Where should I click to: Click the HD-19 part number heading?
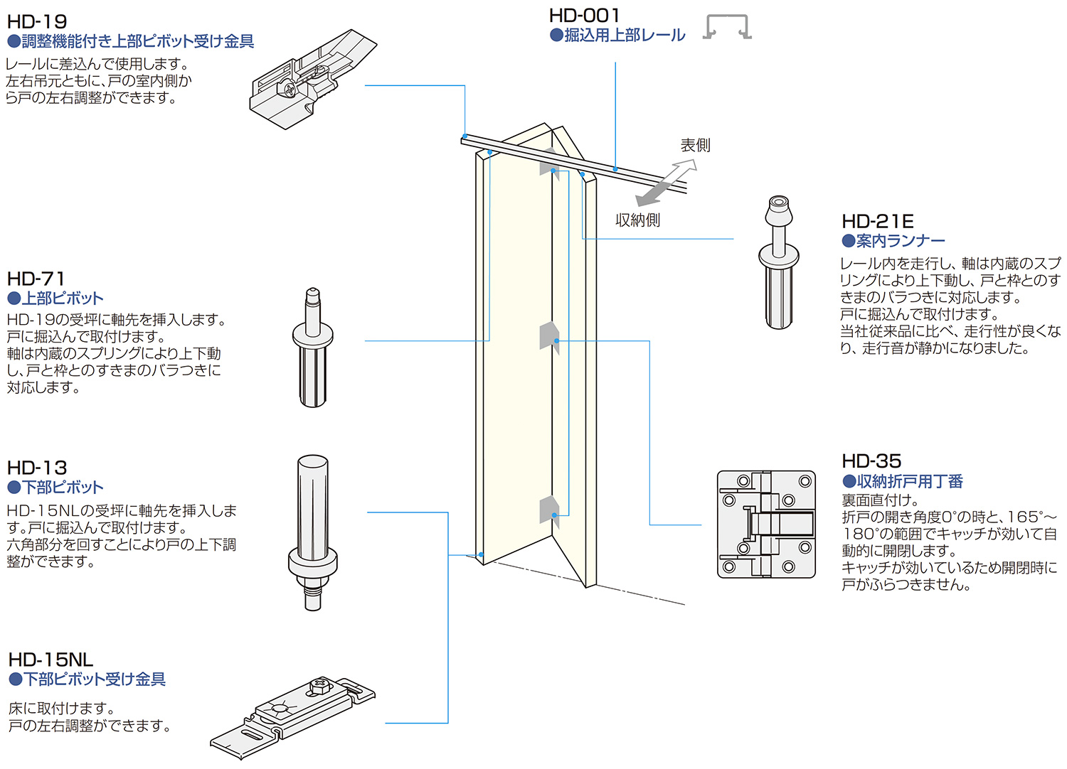(37, 22)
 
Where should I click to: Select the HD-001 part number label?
(584, 16)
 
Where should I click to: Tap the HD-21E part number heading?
(877, 222)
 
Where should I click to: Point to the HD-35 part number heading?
(871, 461)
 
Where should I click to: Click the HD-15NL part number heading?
(51, 660)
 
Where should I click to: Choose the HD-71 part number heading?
(36, 279)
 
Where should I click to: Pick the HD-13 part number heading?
(37, 468)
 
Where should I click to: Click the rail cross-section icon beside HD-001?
(727, 27)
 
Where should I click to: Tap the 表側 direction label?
(695, 146)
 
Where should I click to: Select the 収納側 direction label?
(637, 220)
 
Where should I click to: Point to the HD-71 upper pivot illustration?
(312, 348)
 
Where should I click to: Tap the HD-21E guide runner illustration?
(779, 262)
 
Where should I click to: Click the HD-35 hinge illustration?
(766, 524)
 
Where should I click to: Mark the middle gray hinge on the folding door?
(548, 335)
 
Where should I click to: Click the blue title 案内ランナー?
(901, 241)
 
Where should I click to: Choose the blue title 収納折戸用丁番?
(909, 481)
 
